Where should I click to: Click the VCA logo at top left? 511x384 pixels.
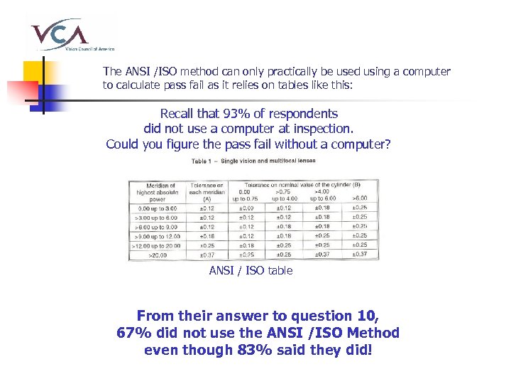(69, 33)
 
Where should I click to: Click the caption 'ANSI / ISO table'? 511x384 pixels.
(251, 271)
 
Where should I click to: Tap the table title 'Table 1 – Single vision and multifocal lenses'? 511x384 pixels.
(253, 161)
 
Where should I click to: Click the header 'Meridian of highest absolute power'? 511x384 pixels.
(159, 193)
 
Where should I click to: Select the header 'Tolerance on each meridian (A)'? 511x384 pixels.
(207, 193)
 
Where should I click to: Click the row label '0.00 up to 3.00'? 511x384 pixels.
(159, 208)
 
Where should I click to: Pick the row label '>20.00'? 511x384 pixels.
(159, 255)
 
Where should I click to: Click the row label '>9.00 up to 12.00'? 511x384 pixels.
(159, 236)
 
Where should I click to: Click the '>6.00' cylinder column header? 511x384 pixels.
(359, 197)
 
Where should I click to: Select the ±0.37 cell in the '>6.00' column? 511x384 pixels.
(359, 255)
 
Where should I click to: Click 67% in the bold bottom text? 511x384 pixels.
(132, 333)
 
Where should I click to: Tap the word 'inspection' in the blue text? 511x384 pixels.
(319, 129)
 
